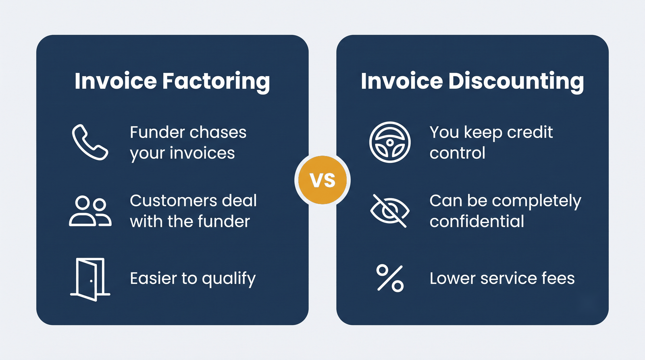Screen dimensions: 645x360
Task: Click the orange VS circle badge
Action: pyautogui.click(x=322, y=180)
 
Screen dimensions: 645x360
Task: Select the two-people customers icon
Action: pyautogui.click(x=90, y=211)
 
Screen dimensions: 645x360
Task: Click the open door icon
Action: pyautogui.click(x=90, y=279)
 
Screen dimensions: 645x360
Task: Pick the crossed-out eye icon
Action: pyautogui.click(x=389, y=211)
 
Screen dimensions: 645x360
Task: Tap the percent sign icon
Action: pyautogui.click(x=390, y=278)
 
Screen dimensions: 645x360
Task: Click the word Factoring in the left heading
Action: pyautogui.click(x=216, y=82)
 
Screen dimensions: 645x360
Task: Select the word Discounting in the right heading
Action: pyautogui.click(x=516, y=82)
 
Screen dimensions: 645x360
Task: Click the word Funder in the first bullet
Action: pyautogui.click(x=157, y=133)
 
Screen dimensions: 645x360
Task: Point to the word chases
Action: pyautogui.click(x=218, y=133)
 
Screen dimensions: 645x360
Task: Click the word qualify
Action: pyautogui.click(x=229, y=279)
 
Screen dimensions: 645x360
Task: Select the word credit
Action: pyautogui.click(x=530, y=133)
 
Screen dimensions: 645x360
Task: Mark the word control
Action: pyautogui.click(x=457, y=153)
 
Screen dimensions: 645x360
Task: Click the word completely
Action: pyautogui.click(x=537, y=202)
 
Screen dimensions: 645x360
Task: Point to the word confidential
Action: pyautogui.click(x=477, y=221)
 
